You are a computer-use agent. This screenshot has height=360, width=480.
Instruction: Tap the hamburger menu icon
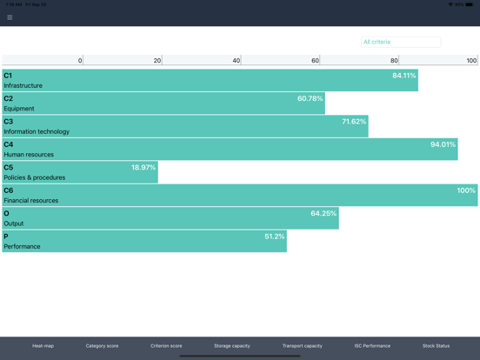[10, 17]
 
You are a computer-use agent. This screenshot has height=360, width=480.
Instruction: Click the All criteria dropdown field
[400, 42]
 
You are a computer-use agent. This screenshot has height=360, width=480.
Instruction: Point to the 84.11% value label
[403, 76]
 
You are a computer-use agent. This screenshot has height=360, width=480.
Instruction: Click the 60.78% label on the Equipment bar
[310, 99]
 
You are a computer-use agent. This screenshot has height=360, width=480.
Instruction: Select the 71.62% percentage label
[354, 122]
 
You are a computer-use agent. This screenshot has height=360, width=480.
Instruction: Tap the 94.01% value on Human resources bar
[443, 145]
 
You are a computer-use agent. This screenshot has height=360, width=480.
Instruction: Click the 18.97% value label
[143, 168]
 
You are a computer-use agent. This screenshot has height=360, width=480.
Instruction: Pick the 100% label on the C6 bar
[466, 190]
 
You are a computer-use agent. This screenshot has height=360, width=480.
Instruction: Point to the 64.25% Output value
[323, 214]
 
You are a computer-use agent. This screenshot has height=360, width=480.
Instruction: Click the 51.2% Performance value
[275, 237]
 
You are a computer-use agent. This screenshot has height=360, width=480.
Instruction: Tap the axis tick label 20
[157, 61]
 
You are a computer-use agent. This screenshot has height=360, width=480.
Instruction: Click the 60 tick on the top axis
[315, 61]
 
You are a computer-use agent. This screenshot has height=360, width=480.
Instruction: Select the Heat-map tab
[43, 346]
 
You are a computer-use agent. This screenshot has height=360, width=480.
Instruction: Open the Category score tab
[102, 346]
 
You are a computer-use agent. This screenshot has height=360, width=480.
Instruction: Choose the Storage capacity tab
[232, 346]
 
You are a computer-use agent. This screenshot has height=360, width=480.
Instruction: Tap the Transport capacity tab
[302, 346]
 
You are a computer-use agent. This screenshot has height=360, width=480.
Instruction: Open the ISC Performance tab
[372, 346]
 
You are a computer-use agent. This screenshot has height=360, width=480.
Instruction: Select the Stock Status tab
[436, 346]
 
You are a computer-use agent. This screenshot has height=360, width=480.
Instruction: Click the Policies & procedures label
[35, 177]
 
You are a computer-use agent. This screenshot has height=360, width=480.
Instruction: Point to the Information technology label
[37, 131]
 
